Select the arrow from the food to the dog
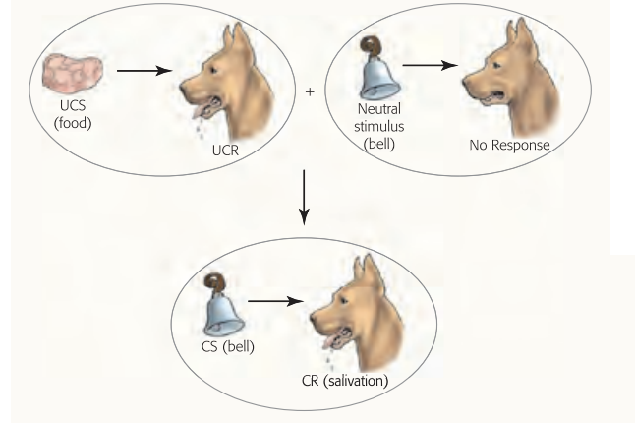point(144,71)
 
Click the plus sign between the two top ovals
point(311,91)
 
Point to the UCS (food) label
point(72,119)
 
